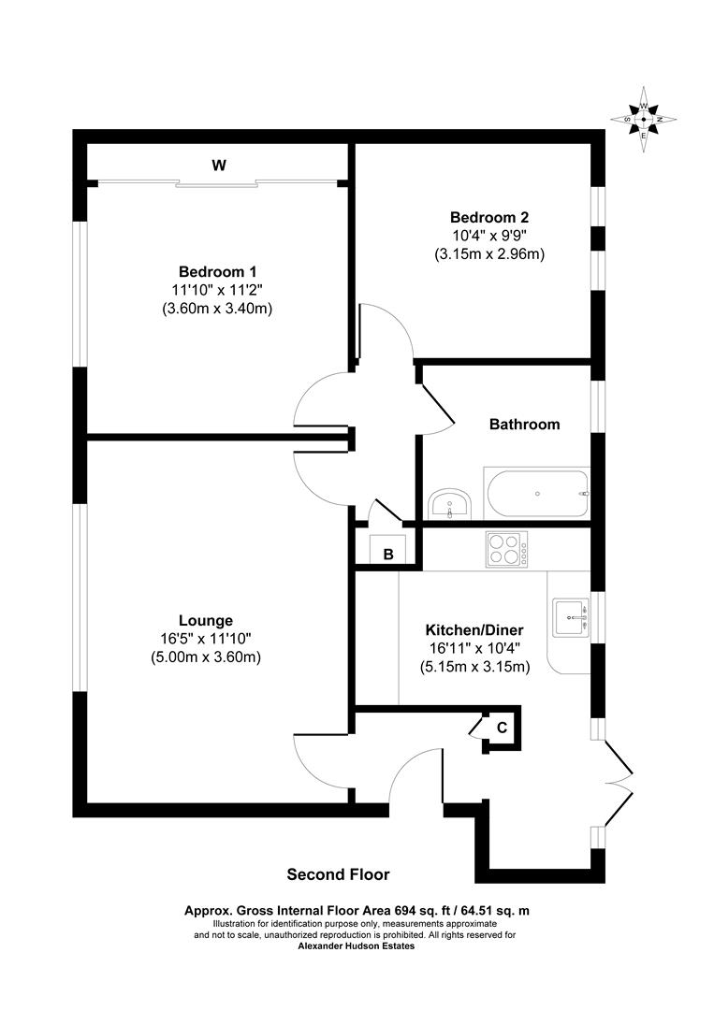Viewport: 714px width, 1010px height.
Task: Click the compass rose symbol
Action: pos(644,119)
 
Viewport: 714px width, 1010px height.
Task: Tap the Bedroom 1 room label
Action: pos(217,271)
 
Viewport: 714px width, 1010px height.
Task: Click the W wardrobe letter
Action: pos(219,166)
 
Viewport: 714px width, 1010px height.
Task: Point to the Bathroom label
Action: pos(525,424)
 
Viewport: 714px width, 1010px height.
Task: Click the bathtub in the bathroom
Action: pos(536,493)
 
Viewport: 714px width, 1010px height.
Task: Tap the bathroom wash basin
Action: pos(451,505)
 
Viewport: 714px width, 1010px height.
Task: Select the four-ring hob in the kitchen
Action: pos(506,548)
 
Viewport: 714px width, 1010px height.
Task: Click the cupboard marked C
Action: pos(502,728)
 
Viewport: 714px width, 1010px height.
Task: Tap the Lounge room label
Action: pos(206,620)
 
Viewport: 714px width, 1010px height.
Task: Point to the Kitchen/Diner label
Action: pos(474,629)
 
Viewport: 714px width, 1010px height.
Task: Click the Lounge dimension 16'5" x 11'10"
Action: pos(206,639)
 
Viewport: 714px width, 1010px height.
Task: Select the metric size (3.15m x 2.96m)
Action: pos(489,253)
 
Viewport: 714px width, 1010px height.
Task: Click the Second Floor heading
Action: pos(338,875)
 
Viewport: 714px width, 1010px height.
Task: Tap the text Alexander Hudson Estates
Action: pos(356,945)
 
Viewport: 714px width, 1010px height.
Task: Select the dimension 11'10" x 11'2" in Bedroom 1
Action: pos(217,290)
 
